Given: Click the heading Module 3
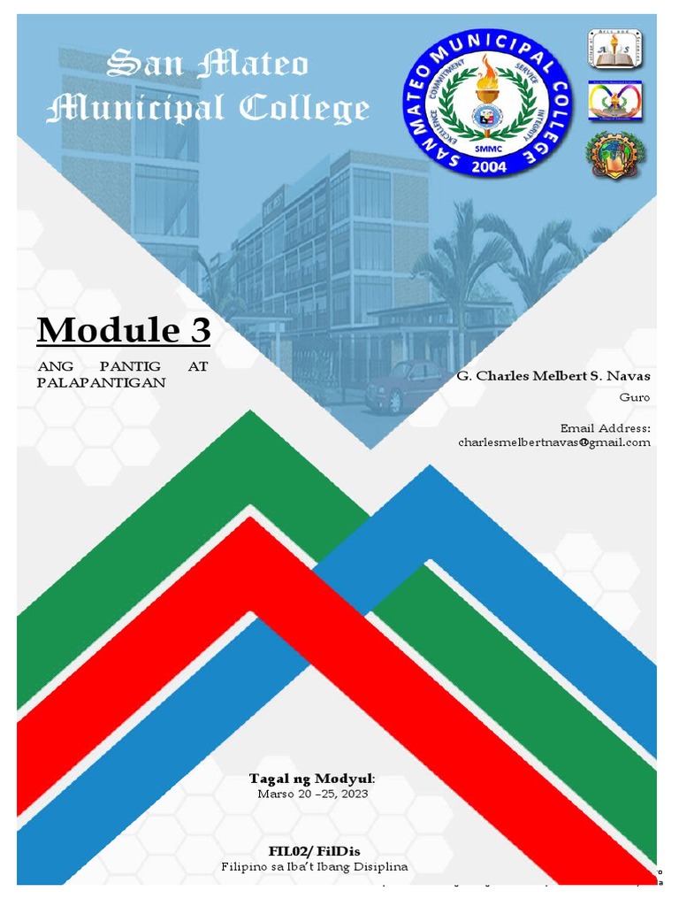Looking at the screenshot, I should click(124, 331).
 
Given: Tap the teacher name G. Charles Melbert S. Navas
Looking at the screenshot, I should click(553, 376).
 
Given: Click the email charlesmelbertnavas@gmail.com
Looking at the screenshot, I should click(553, 441).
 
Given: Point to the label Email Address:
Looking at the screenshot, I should click(605, 427).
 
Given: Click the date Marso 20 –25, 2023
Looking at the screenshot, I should click(312, 794).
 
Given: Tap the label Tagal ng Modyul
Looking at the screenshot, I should click(311, 779).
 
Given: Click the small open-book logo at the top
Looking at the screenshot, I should click(615, 49).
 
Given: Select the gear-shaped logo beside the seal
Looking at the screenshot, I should click(615, 154).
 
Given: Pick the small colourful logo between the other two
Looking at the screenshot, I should click(615, 100).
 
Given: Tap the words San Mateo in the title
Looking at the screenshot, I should click(208, 65).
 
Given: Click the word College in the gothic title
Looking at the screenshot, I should click(304, 109).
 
